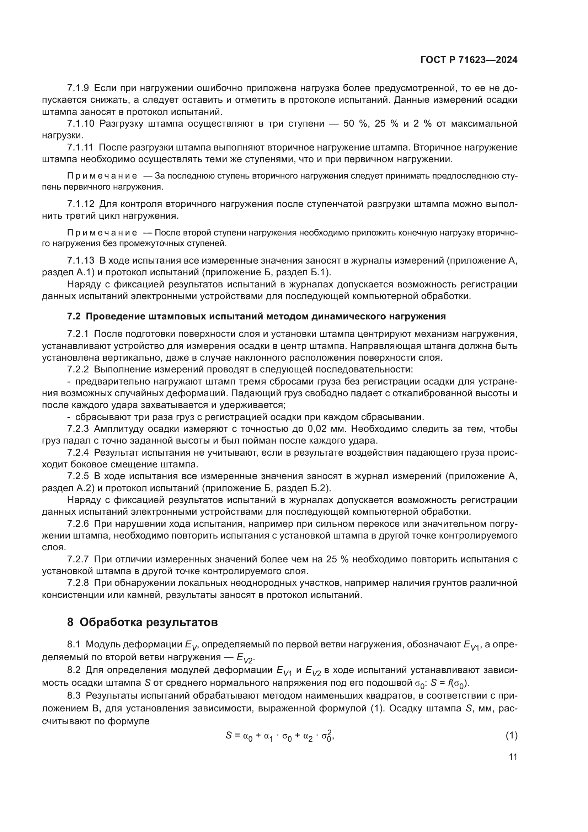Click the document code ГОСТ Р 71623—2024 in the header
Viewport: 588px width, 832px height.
tap(469, 60)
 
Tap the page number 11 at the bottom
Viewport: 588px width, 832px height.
tap(513, 757)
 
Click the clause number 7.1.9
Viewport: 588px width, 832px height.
tap(78, 88)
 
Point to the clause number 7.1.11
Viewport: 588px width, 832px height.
tap(80, 148)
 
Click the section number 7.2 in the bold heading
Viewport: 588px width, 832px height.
tap(74, 316)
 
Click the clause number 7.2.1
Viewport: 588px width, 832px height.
tap(78, 334)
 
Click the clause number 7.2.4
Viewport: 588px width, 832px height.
tap(78, 452)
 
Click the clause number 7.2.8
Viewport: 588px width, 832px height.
tap(78, 583)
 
